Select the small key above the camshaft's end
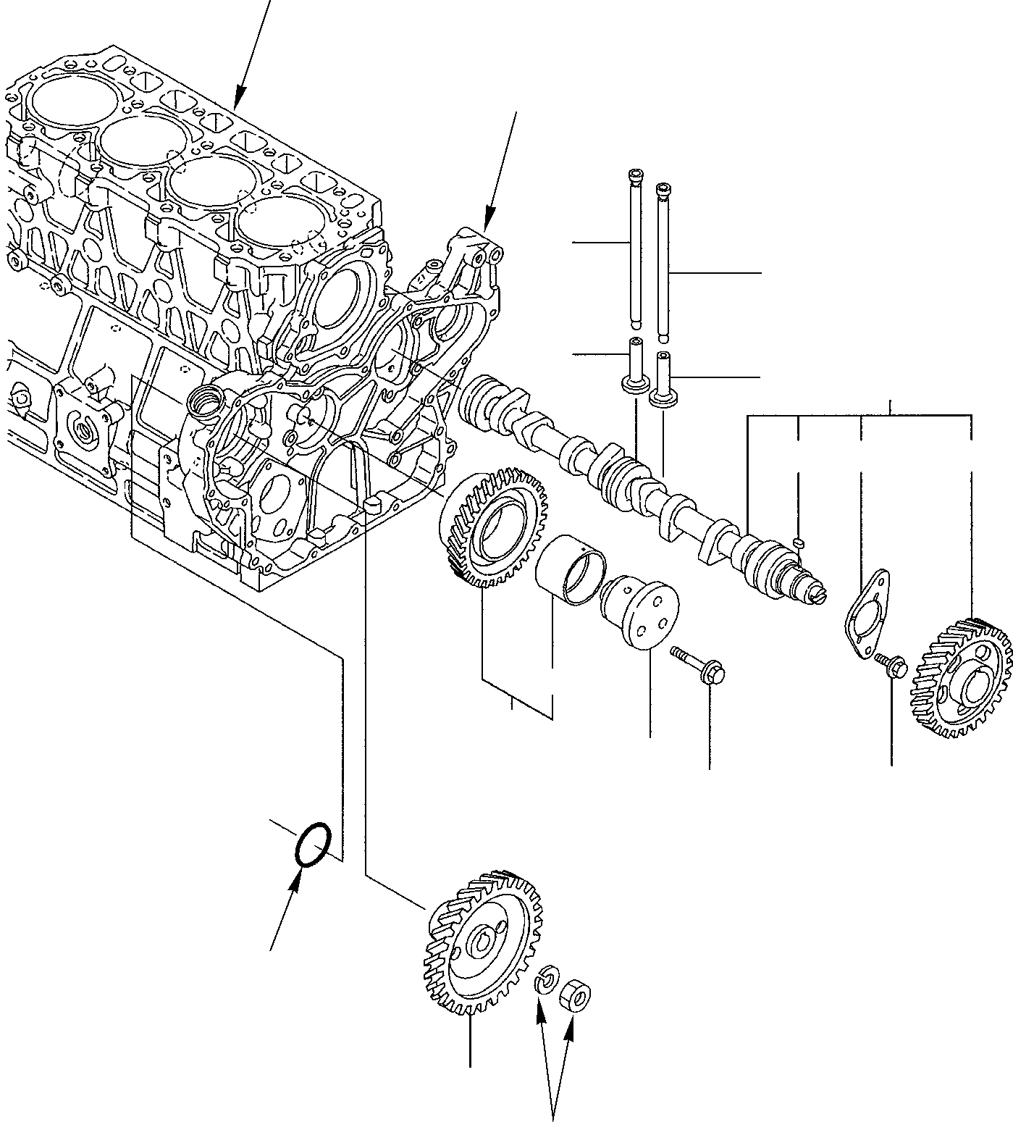click(x=799, y=541)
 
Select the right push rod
click(x=663, y=261)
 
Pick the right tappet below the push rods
click(x=663, y=378)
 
